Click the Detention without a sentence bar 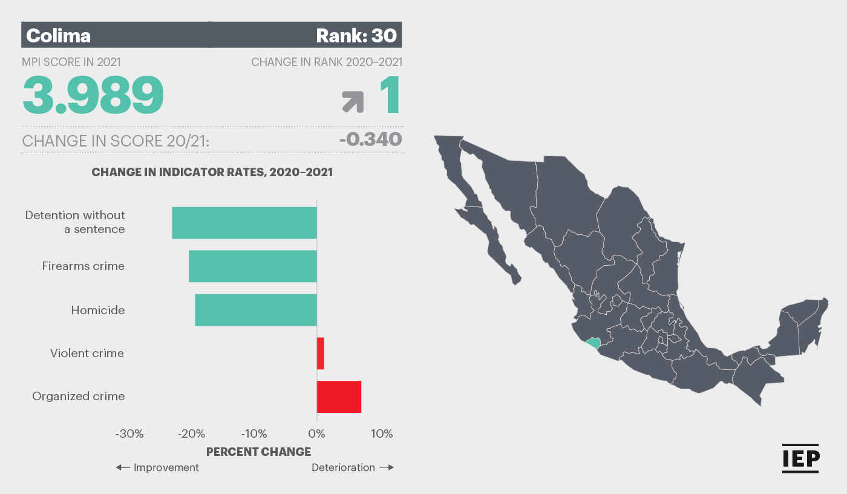click(244, 223)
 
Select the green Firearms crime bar click(253, 266)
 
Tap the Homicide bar click(256, 310)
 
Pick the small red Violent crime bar click(321, 354)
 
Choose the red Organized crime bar click(339, 397)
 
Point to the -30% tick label click(129, 433)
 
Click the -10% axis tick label click(254, 433)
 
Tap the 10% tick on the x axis click(382, 433)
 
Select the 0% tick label click(316, 433)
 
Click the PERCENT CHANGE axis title click(259, 452)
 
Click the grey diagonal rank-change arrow click(353, 102)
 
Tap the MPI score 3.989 click(93, 94)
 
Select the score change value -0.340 click(370, 139)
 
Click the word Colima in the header click(58, 36)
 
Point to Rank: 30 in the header click(356, 36)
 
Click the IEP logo click(800, 458)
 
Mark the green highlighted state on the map click(594, 343)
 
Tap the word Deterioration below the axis click(344, 467)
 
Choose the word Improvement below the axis click(166, 467)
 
